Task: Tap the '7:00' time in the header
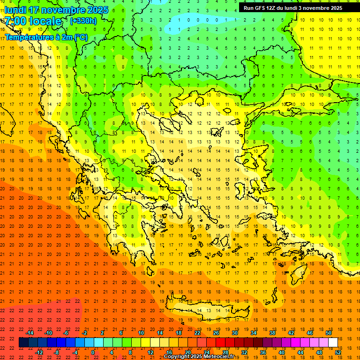[x=15, y=21]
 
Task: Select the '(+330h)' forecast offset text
[x=83, y=21]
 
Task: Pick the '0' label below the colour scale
[x=93, y=352]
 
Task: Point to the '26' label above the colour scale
[x=216, y=333]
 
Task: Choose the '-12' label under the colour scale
[x=39, y=352]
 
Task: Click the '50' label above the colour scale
[x=328, y=333]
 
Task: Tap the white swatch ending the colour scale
[x=333, y=343]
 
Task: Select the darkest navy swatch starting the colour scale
[x=23, y=343]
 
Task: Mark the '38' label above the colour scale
[x=272, y=333]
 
